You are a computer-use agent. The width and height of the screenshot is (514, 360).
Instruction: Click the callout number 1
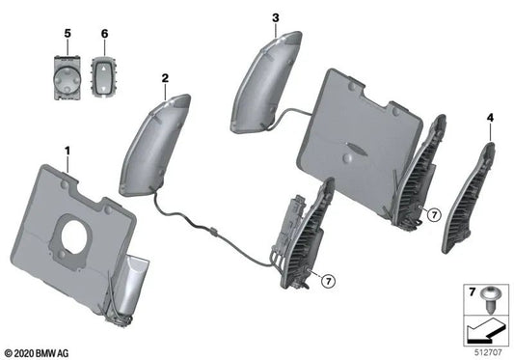pyautogui.click(x=68, y=151)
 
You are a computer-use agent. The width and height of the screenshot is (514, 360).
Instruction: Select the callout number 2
pyautogui.click(x=165, y=77)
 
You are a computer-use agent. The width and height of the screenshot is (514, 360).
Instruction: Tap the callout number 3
pyautogui.click(x=275, y=17)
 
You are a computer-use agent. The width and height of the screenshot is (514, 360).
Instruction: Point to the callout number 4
pyautogui.click(x=490, y=118)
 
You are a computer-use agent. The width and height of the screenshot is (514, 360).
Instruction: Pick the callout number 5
pyautogui.click(x=68, y=34)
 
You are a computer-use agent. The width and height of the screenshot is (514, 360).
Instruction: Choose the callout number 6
pyautogui.click(x=103, y=34)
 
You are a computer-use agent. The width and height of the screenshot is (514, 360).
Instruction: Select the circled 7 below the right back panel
pyautogui.click(x=434, y=213)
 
